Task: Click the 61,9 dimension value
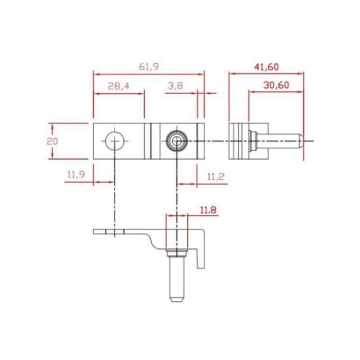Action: point(148,67)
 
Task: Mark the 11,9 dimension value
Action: point(75,175)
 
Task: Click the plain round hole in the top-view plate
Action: point(114,140)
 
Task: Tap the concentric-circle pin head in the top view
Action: point(176,140)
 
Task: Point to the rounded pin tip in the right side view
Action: point(298,140)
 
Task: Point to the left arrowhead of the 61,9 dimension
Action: point(95,73)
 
